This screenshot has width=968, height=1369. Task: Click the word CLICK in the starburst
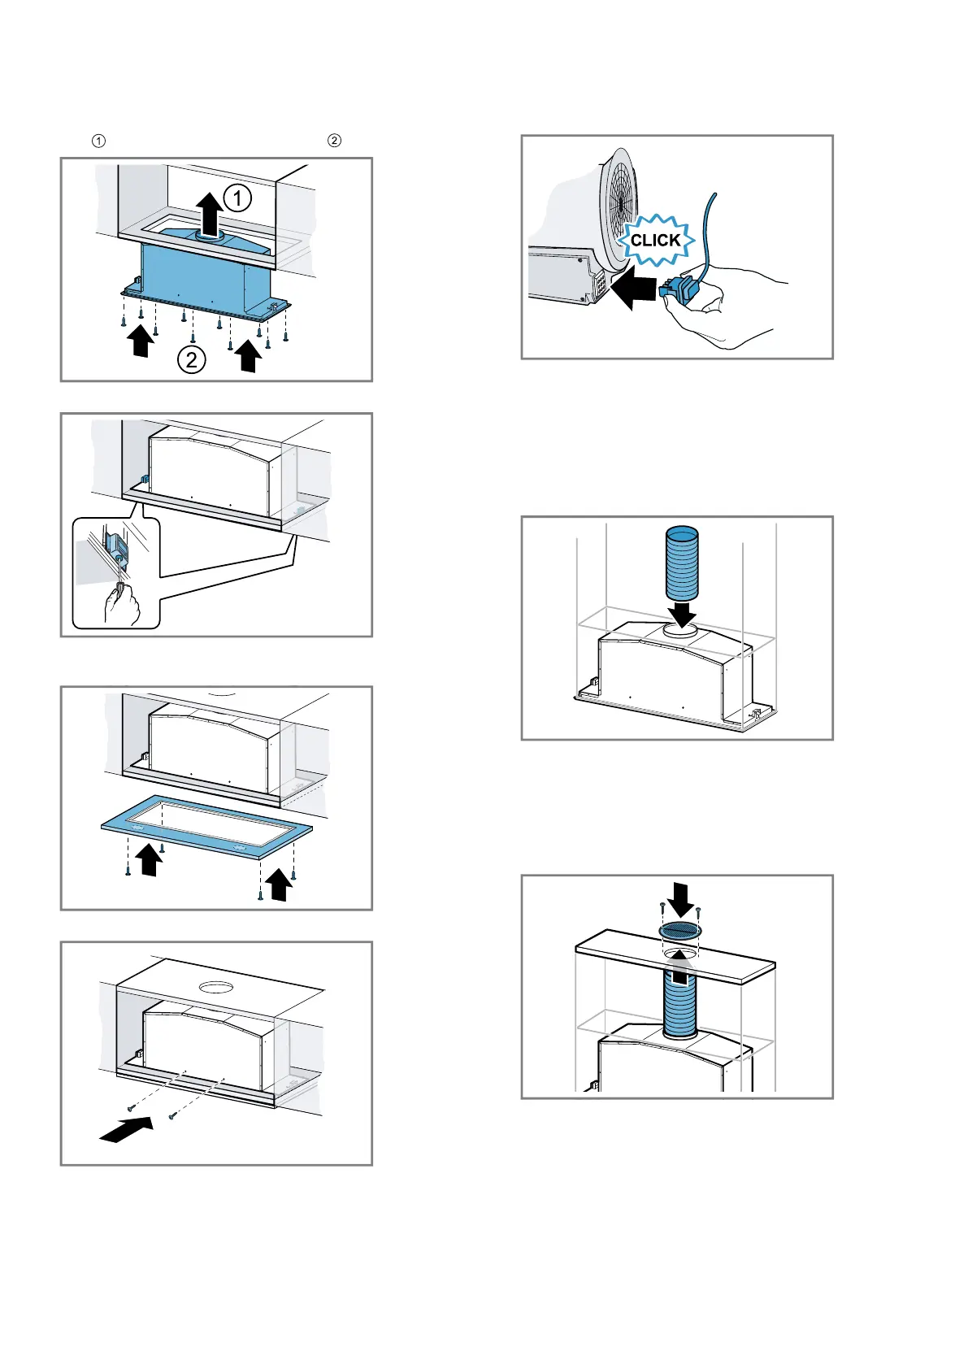[655, 241]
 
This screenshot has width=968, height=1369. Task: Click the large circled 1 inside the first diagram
[237, 198]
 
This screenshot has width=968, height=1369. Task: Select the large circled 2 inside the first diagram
[191, 359]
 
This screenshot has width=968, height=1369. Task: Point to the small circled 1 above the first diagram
[98, 141]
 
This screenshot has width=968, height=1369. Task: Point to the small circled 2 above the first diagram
[334, 141]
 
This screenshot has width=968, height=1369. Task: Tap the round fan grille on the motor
[620, 207]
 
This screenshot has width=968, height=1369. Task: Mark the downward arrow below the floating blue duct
[682, 612]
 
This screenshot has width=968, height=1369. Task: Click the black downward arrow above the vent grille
[681, 898]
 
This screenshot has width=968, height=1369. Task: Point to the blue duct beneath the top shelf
[680, 1000]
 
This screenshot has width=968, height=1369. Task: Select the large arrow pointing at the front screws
[126, 1128]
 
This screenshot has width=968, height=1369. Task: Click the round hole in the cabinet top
[216, 988]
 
